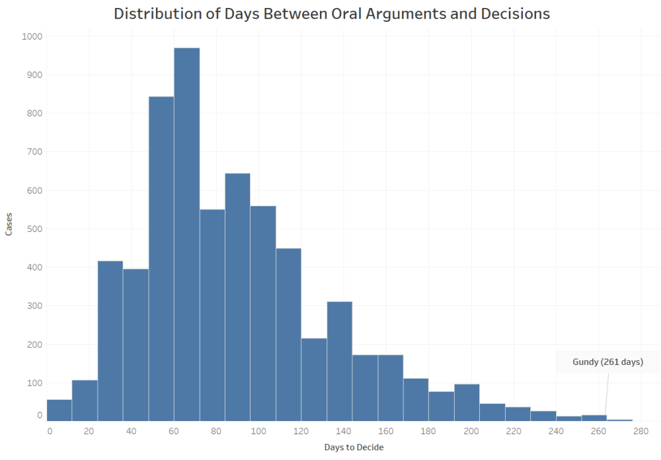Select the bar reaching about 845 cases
click(161, 258)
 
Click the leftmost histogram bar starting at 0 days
click(59, 410)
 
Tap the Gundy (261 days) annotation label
click(598, 362)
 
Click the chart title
click(332, 14)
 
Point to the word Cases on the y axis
click(9, 225)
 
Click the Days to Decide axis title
click(354, 447)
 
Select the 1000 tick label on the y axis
click(31, 36)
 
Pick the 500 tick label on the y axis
click(34, 229)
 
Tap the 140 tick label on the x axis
click(344, 432)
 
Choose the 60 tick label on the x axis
click(175, 432)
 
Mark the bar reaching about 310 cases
click(339, 361)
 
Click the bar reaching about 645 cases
click(237, 297)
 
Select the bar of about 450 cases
click(288, 334)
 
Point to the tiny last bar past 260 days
click(619, 420)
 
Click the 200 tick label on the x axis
click(471, 432)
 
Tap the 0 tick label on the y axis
click(40, 415)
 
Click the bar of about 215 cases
click(314, 379)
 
